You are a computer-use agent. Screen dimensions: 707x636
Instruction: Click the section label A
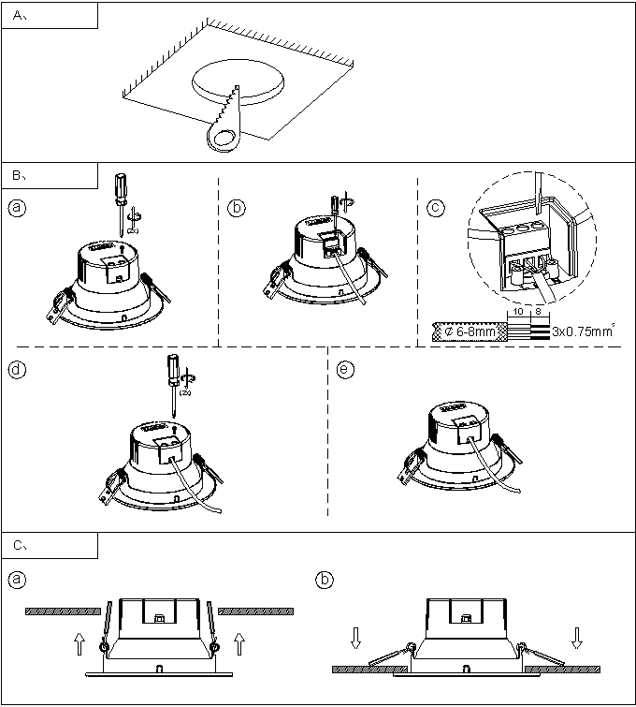19,16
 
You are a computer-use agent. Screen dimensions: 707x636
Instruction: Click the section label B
19,175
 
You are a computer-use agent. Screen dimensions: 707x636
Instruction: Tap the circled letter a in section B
16,208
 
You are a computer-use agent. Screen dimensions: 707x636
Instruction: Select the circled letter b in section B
238,208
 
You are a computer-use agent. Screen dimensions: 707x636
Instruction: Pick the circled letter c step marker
436,208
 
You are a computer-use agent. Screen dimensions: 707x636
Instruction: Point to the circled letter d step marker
16,369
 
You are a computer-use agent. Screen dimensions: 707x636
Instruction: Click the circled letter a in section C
16,580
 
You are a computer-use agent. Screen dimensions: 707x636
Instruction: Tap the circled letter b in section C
324,580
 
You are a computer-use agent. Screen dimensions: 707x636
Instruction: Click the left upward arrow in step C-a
79,644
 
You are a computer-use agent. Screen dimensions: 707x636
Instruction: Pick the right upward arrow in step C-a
239,644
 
